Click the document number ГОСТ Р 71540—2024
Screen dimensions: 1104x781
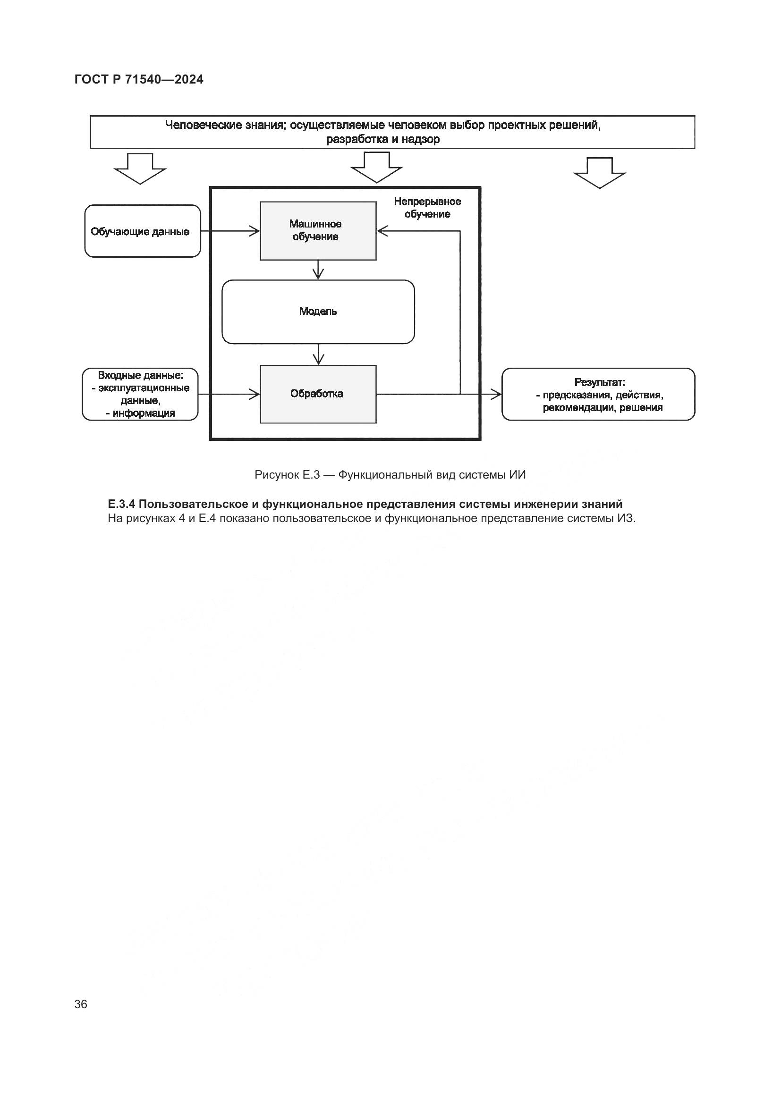coord(139,79)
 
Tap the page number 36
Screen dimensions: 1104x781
coord(81,1004)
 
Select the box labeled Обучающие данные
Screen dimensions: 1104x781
coord(142,231)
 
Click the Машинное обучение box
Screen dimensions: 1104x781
coord(318,231)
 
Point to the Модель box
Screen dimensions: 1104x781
coord(318,312)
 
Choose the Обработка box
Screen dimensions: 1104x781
coord(318,394)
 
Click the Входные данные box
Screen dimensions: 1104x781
coord(140,394)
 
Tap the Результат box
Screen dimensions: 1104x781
coord(598,394)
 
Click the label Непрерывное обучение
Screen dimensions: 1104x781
coord(427,208)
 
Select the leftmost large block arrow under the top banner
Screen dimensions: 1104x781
coord(140,169)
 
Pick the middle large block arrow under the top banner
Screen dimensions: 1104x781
coord(376,168)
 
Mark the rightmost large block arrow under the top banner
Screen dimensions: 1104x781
coord(599,173)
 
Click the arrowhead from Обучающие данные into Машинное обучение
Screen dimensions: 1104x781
coord(255,231)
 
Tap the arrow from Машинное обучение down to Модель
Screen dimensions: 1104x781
coord(318,270)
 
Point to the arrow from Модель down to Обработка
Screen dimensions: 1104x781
coord(318,355)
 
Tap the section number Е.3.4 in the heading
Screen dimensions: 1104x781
coord(122,504)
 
